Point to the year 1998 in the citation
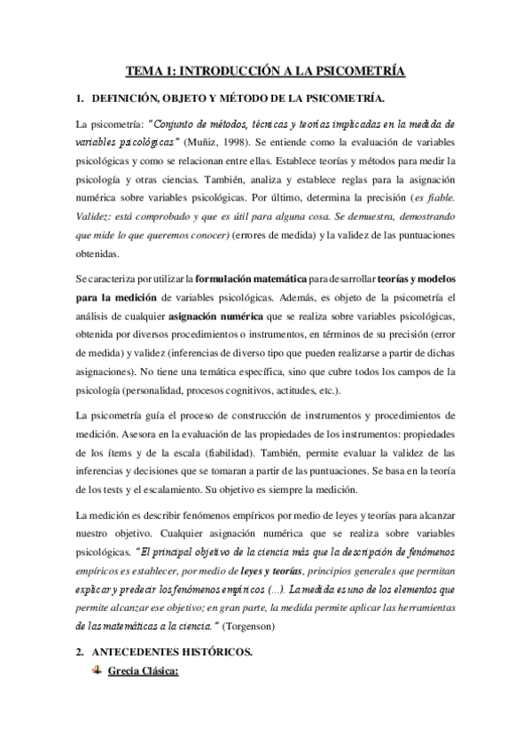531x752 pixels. pyautogui.click(x=246, y=143)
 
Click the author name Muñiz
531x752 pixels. pyautogui.click(x=211, y=143)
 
